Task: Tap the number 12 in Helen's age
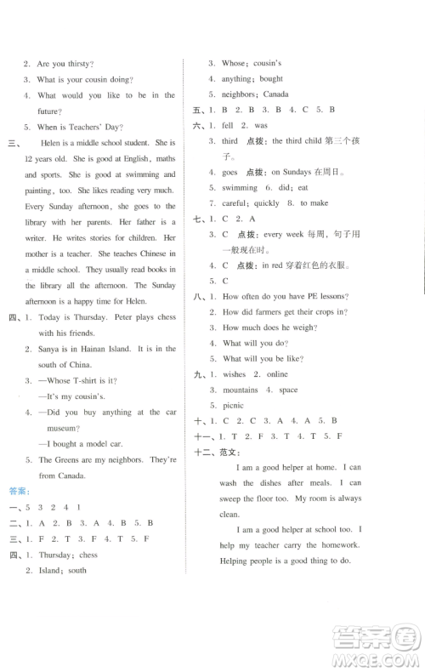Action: [30, 159]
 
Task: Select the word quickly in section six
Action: [267, 203]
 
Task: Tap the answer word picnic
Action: [234, 406]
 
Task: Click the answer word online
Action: [277, 374]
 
